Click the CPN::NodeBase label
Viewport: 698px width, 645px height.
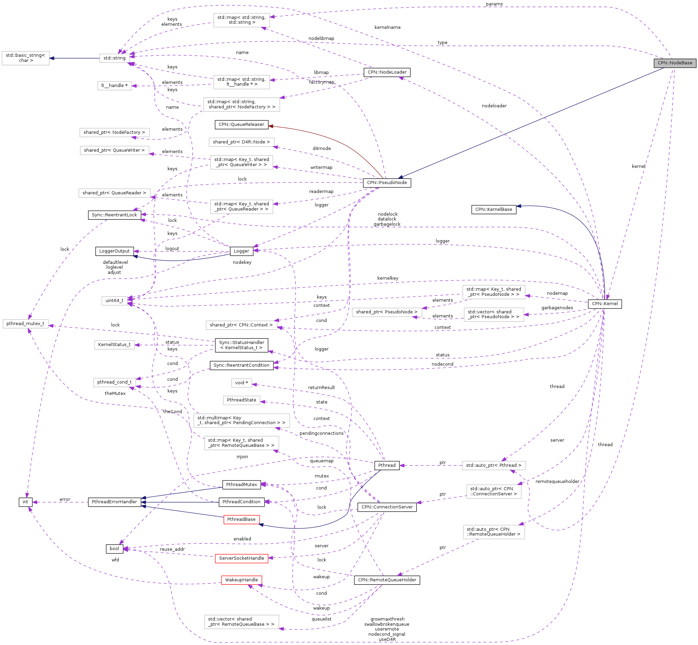click(675, 63)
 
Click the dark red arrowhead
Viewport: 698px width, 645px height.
click(271, 126)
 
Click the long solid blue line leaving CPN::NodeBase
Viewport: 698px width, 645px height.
click(530, 123)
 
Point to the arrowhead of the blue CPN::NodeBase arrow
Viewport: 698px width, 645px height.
click(400, 177)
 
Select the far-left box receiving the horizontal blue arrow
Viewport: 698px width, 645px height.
click(25, 58)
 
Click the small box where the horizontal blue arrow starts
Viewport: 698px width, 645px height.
click(115, 58)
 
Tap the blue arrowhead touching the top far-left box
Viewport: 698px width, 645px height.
click(52, 58)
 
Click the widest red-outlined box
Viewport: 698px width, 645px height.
click(241, 558)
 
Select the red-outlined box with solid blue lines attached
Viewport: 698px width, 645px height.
click(241, 519)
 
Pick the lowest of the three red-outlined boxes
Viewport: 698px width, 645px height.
click(241, 580)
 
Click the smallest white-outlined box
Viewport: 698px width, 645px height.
click(241, 383)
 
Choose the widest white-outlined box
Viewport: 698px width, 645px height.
click(241, 421)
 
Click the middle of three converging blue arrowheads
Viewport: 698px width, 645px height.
click(143, 502)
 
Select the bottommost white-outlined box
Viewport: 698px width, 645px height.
click(241, 622)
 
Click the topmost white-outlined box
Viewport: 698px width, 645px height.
click(241, 20)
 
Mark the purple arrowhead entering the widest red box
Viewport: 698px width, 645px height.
click(271, 558)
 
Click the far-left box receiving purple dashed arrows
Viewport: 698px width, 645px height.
click(25, 324)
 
